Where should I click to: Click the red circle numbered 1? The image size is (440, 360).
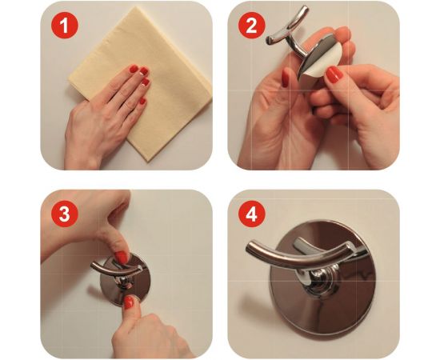pyautogui.click(x=64, y=26)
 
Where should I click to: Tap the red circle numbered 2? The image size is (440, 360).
pyautogui.click(x=251, y=26)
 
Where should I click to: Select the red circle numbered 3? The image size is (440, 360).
pyautogui.click(x=64, y=214)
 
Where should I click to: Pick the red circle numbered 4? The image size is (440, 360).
pyautogui.click(x=252, y=214)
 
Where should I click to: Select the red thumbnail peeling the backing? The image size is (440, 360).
pyautogui.click(x=334, y=74)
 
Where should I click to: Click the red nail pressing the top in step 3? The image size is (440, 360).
pyautogui.click(x=122, y=257)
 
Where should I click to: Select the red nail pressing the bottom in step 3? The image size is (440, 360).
pyautogui.click(x=129, y=302)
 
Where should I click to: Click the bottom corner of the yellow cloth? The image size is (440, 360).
pyautogui.click(x=148, y=161)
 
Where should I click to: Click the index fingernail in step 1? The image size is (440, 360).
pyautogui.click(x=134, y=69)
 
